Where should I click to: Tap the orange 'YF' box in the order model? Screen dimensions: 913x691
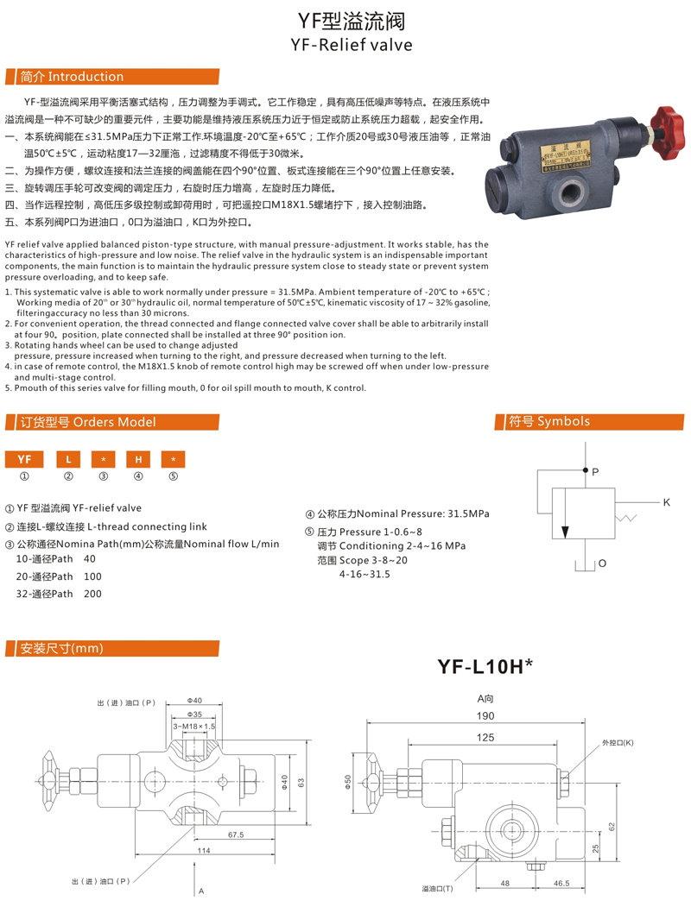[x=24, y=458]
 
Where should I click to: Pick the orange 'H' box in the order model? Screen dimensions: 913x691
[x=138, y=458]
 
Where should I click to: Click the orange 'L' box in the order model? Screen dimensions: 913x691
[x=69, y=458]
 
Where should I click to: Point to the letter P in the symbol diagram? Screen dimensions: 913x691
[x=594, y=471]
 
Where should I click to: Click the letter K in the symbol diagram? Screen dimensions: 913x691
[x=667, y=502]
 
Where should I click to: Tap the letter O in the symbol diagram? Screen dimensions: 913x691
[x=602, y=564]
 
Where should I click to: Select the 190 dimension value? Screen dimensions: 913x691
[x=486, y=716]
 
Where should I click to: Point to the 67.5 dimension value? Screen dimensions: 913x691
[x=236, y=834]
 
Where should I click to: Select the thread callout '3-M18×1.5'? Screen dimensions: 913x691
[x=195, y=727]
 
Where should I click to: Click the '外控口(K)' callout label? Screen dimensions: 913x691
[x=618, y=743]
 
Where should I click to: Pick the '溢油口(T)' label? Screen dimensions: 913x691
[x=437, y=888]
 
